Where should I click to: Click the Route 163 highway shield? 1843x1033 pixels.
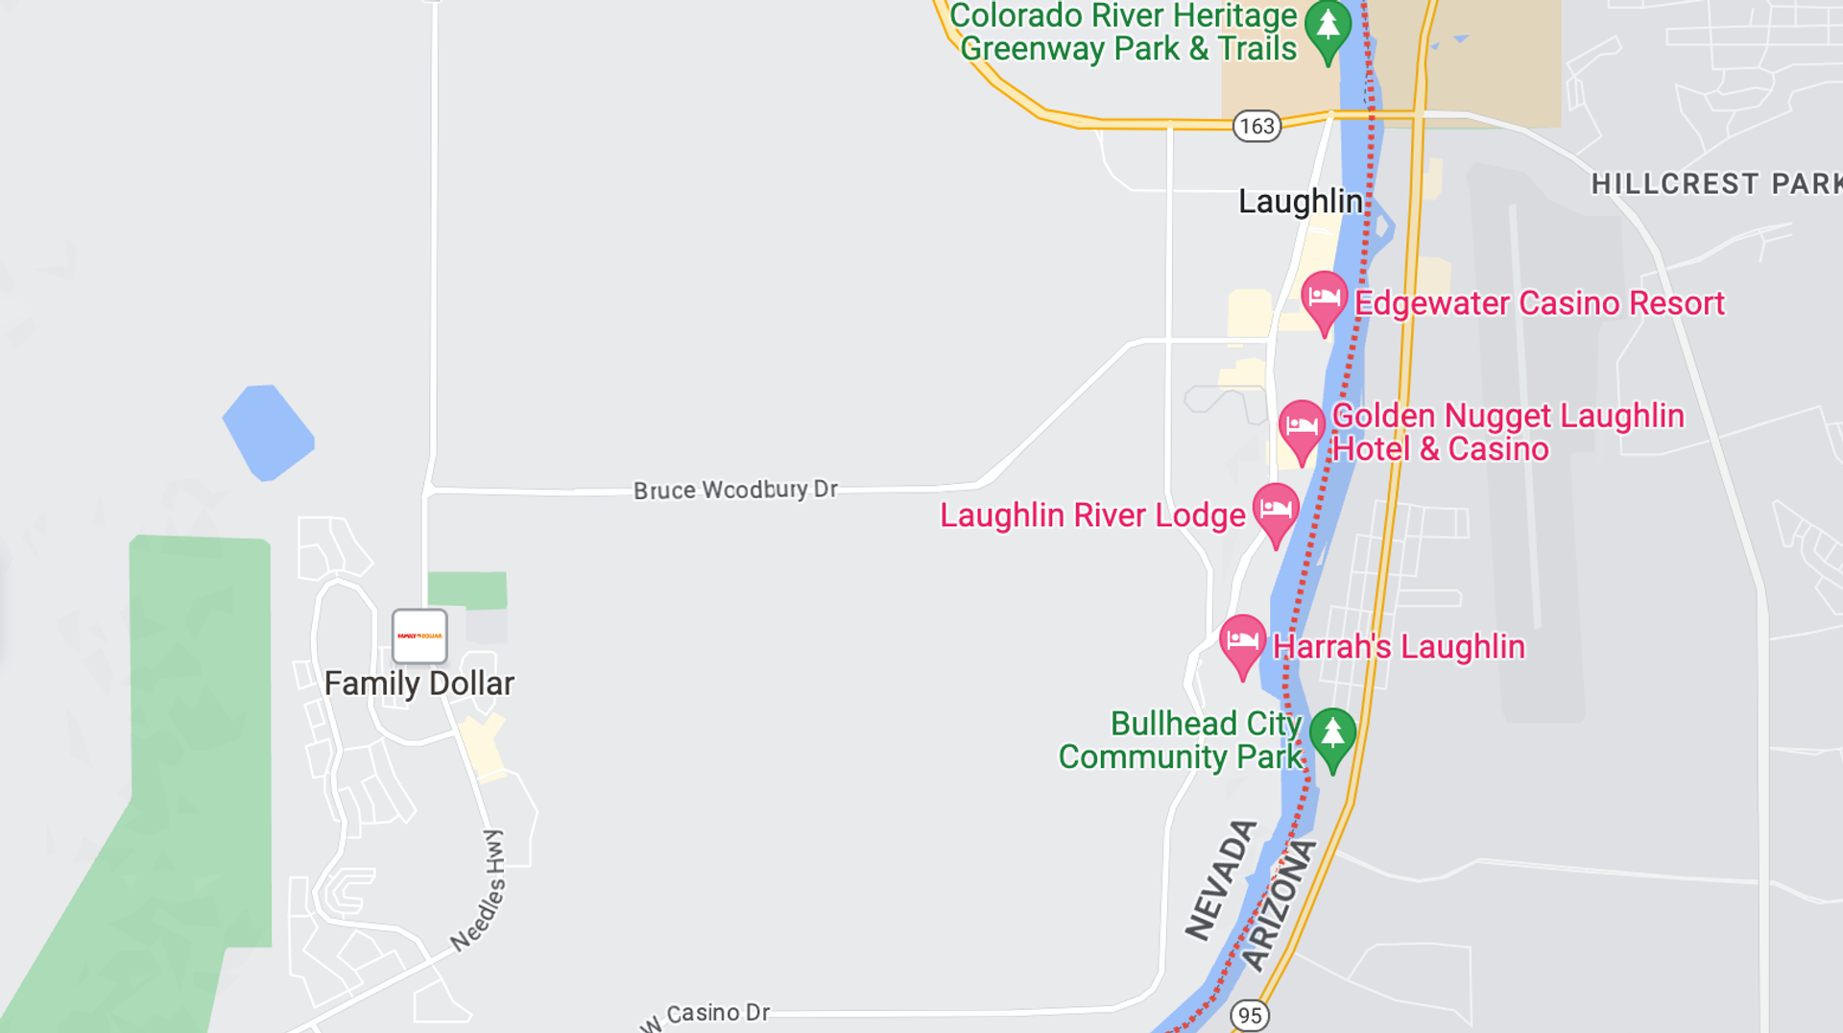pos(1257,126)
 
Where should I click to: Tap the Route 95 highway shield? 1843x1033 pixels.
pos(1249,1015)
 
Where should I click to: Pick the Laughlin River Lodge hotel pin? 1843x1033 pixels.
pos(1276,512)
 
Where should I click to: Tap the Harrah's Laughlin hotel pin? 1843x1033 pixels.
pos(1242,643)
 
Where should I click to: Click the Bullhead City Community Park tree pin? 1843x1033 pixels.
pos(1332,736)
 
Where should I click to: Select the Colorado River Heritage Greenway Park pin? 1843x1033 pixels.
pos(1328,30)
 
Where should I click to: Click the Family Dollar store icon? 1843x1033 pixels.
pos(419,636)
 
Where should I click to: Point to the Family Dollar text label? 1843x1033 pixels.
pos(419,684)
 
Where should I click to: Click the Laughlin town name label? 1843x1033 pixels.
pos(1300,202)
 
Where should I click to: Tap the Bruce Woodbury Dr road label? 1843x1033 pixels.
pos(735,490)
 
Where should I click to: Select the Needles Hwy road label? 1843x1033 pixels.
pos(479,890)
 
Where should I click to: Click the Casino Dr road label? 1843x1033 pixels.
pos(717,1013)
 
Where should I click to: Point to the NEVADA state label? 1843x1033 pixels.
pos(1220,880)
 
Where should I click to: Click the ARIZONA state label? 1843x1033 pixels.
pos(1279,905)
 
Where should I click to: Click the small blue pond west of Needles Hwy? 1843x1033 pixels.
pos(268,432)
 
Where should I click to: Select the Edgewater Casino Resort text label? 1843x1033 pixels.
pos(1539,303)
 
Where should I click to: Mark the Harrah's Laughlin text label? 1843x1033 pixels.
pos(1399,647)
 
